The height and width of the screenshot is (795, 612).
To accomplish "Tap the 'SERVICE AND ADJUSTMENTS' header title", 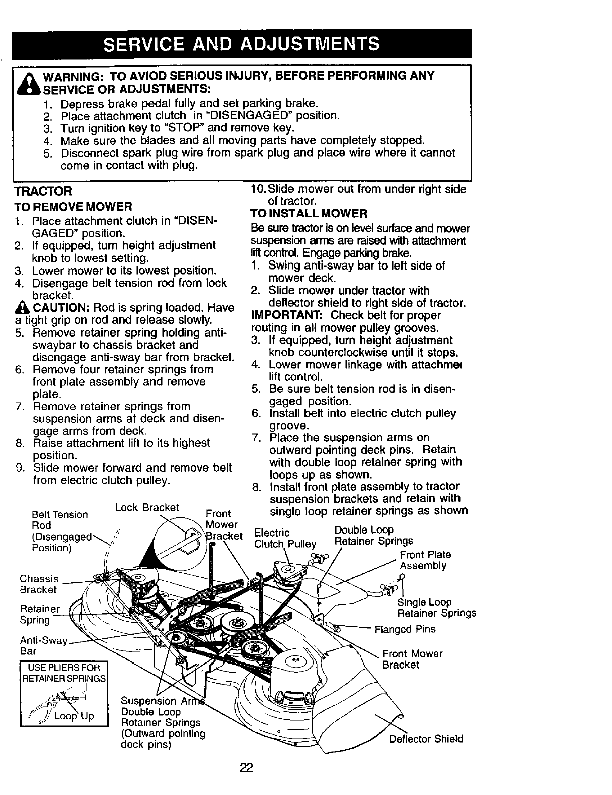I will pos(241,44).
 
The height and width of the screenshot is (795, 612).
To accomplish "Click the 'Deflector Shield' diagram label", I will pos(426,739).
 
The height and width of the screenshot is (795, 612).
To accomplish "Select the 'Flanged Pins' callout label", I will pos(405,629).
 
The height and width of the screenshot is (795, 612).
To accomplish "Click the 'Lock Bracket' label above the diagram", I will pos(146,507).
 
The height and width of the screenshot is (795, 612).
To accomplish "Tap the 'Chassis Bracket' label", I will pos(39,584).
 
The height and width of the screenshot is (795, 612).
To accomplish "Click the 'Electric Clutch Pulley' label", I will pos(285,538).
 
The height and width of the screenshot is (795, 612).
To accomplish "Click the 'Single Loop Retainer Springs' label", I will pos(436,608).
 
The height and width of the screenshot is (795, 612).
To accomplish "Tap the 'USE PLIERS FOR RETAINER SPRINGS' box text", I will pos(63,673).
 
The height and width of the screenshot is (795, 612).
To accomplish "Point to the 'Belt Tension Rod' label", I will pos(59,520).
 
